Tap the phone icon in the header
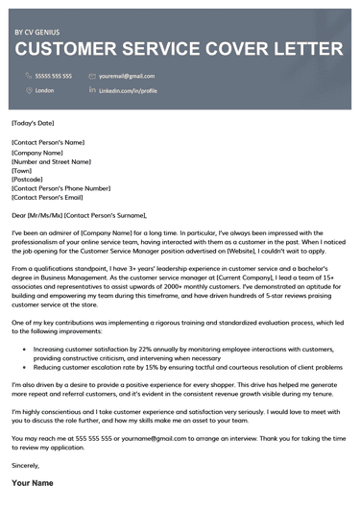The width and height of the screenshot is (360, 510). [28, 75]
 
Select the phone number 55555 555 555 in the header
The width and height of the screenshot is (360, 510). [54, 75]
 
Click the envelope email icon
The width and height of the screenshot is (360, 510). [92, 75]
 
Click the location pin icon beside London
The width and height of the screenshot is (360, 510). [28, 89]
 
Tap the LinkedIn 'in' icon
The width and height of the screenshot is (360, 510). [92, 89]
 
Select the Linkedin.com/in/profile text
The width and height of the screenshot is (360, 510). [129, 89]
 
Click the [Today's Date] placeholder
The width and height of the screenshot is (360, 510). [34, 123]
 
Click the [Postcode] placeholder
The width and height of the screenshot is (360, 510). [29, 180]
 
